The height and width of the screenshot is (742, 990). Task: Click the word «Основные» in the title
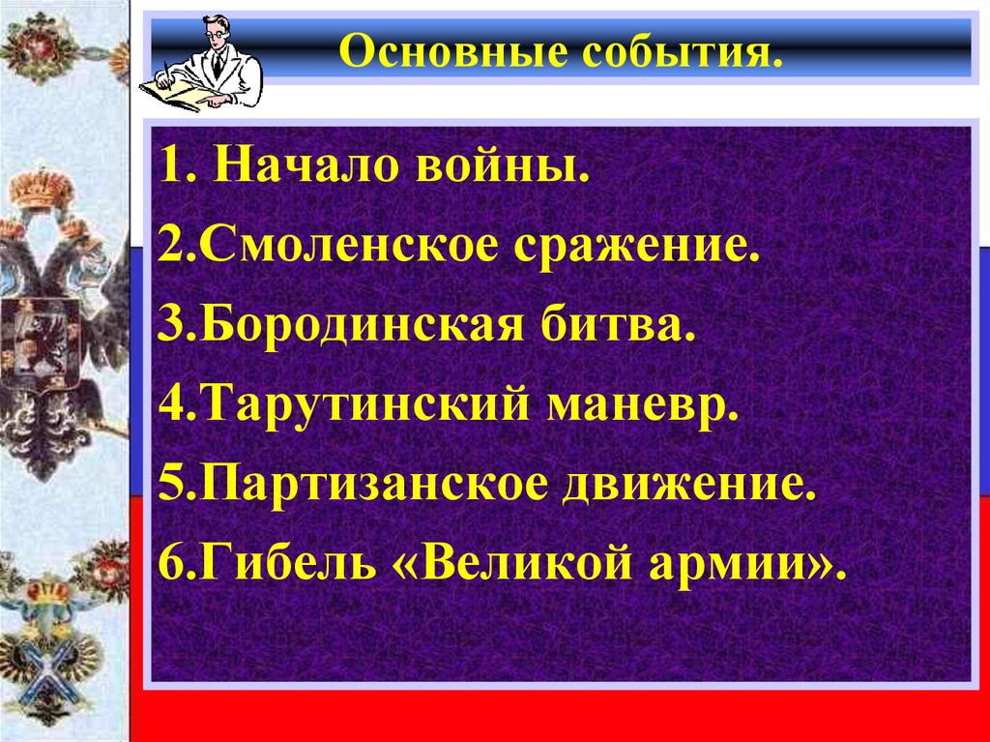(444, 51)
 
